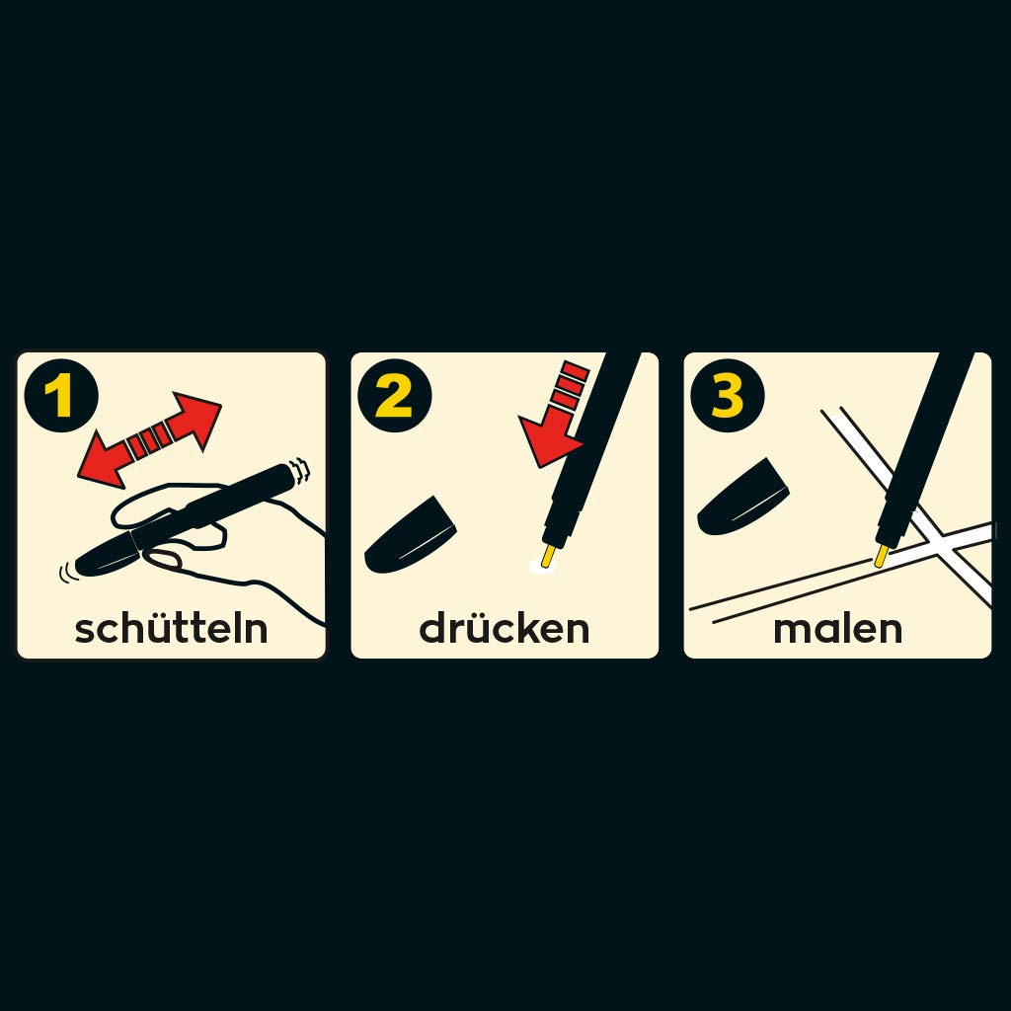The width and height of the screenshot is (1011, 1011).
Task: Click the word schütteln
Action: point(171,628)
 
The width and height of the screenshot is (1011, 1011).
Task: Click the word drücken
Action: point(505,628)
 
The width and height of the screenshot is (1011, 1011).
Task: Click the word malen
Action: point(837,629)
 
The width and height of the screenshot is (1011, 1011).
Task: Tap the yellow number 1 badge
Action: point(61,396)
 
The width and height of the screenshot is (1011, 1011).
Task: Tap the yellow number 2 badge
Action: point(395,396)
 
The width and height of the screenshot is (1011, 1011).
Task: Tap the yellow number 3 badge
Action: point(728,396)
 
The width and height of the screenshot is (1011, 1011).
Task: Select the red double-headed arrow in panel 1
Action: point(150,439)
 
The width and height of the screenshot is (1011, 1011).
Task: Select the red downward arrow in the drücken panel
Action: point(556,414)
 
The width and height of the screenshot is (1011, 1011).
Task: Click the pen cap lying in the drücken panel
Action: point(410,536)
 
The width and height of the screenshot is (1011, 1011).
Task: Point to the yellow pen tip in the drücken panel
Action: point(548,556)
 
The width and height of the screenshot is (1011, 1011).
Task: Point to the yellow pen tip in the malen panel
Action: point(882,556)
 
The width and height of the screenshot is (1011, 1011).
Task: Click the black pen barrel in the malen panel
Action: point(923,450)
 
